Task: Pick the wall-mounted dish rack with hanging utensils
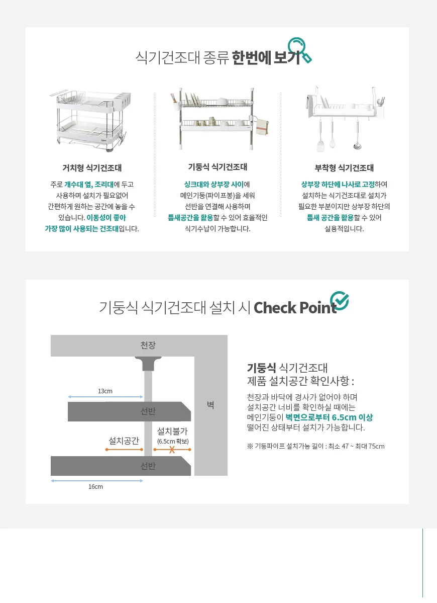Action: pyautogui.click(x=345, y=118)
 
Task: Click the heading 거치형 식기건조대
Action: pyautogui.click(x=92, y=167)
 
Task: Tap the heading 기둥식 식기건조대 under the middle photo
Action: pyautogui.click(x=217, y=167)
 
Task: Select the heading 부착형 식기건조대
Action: pyautogui.click(x=344, y=167)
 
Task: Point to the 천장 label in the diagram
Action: pyautogui.click(x=148, y=345)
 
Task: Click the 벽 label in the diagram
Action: pyautogui.click(x=210, y=404)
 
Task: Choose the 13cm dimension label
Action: pyautogui.click(x=105, y=391)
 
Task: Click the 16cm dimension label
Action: pyautogui.click(x=95, y=486)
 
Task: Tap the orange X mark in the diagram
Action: pyautogui.click(x=172, y=450)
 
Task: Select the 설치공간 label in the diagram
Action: pyautogui.click(x=124, y=441)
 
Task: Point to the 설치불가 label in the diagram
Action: pyautogui.click(x=172, y=431)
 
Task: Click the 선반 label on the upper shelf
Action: pyautogui.click(x=148, y=411)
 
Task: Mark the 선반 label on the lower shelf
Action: pyautogui.click(x=148, y=466)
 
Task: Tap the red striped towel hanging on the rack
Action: pyautogui.click(x=262, y=127)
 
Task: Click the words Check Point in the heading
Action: pyautogui.click(x=295, y=308)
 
